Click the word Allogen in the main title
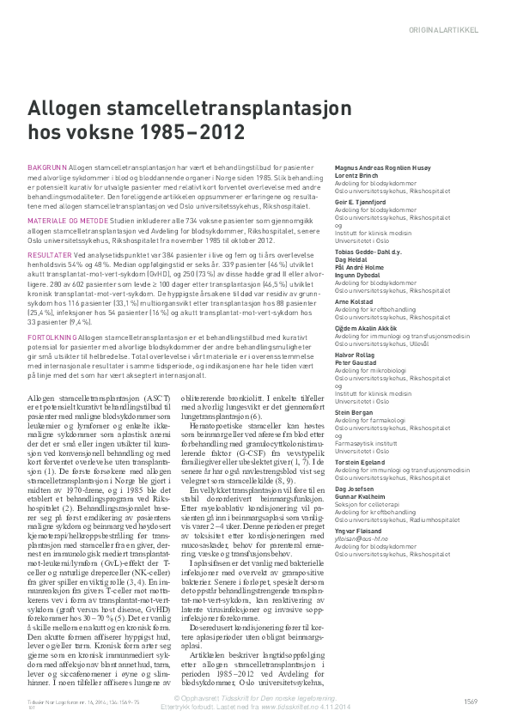[x=70, y=111]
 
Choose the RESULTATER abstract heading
[x=51, y=255]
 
